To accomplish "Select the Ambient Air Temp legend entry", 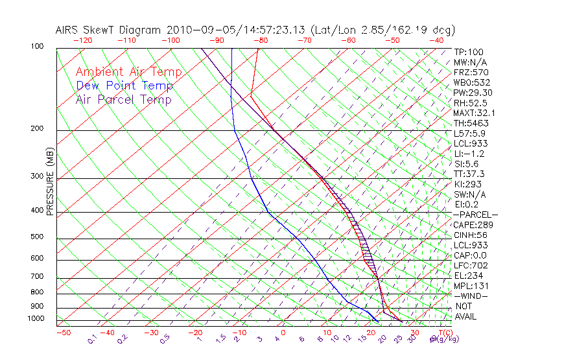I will [128, 72].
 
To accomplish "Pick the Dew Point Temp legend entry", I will [124, 86].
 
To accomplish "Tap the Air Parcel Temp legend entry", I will [124, 99].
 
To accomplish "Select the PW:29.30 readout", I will [470, 93].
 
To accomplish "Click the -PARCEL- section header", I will [475, 215].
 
